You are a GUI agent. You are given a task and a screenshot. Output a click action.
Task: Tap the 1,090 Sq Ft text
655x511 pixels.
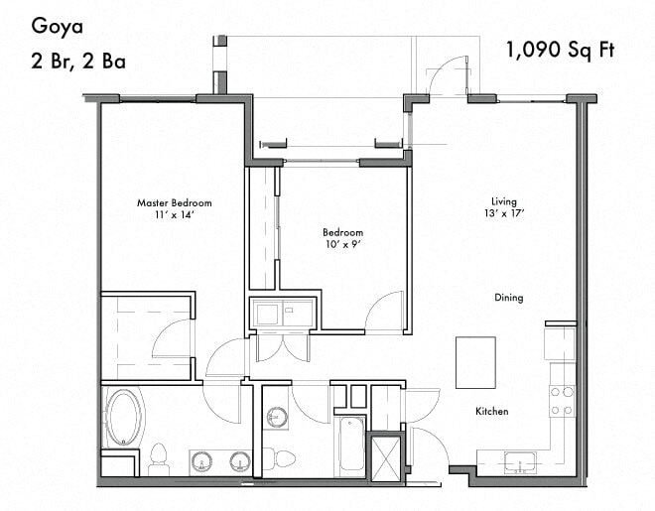click(557, 49)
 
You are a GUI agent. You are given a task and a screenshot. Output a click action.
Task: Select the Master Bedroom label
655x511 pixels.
click(174, 203)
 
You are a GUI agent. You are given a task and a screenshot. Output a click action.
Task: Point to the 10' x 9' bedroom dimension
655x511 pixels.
click(342, 244)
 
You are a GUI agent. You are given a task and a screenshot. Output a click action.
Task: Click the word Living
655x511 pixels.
click(504, 201)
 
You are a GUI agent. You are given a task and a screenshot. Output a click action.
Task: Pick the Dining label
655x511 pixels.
click(508, 298)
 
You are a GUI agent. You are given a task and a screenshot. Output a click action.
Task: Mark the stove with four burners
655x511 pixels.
click(562, 399)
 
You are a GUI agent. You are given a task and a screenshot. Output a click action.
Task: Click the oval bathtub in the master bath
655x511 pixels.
click(126, 417)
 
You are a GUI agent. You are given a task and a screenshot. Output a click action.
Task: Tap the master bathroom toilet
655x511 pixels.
click(158, 459)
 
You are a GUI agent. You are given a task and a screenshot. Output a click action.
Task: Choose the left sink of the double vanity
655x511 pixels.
click(201, 461)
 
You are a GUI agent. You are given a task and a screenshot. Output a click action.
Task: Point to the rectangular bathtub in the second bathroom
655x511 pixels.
click(350, 446)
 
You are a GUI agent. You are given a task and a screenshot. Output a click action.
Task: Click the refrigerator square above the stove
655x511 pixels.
click(560, 342)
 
